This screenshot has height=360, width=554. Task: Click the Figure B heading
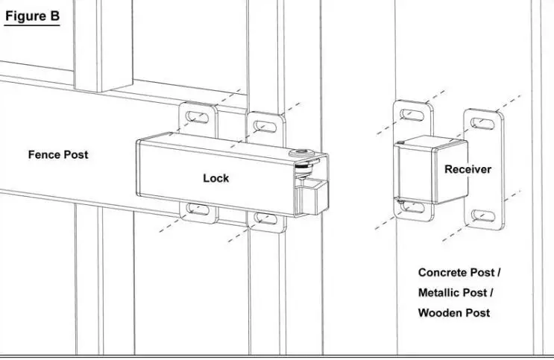(31, 16)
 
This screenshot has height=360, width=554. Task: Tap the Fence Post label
(58, 155)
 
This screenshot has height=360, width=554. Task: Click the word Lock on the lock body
(215, 178)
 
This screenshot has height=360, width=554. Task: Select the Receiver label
(468, 170)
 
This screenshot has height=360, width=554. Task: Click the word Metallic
(441, 293)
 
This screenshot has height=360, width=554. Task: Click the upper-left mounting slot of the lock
(198, 117)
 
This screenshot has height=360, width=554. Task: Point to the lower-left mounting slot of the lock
(198, 209)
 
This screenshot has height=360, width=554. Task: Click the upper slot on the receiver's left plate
(412, 114)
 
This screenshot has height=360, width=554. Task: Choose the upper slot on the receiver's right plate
(482, 124)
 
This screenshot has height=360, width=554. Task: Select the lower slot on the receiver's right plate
(482, 216)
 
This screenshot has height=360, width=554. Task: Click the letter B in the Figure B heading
(54, 16)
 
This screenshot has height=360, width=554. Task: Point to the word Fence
(43, 155)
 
